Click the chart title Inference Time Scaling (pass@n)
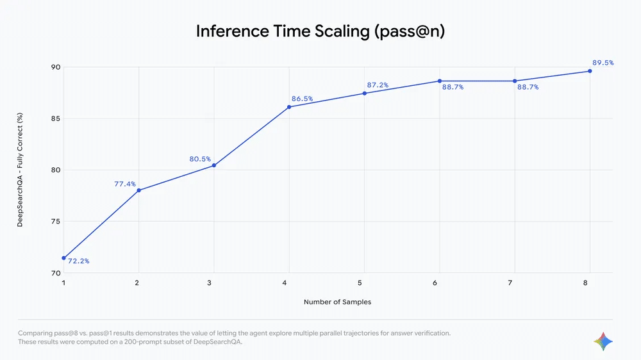pyautogui.click(x=320, y=31)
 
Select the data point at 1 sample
pyautogui.click(x=63, y=258)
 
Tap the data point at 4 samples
pyautogui.click(x=289, y=107)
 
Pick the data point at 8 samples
pyautogui.click(x=590, y=71)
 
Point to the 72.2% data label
pyautogui.click(x=78, y=261)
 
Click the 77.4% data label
pyautogui.click(x=125, y=184)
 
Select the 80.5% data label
pyautogui.click(x=200, y=159)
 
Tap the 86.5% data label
pyautogui.click(x=302, y=99)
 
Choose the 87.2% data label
pyautogui.click(x=378, y=85)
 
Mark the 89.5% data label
pyautogui.click(x=603, y=63)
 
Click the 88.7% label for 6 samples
pyautogui.click(x=453, y=87)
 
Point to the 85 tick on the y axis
pyautogui.click(x=56, y=119)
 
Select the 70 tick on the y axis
pyautogui.click(x=56, y=273)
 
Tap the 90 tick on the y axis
pyautogui.click(x=56, y=67)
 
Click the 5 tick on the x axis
pyautogui.click(x=360, y=282)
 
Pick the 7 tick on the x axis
pyautogui.click(x=510, y=282)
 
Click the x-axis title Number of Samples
pyautogui.click(x=337, y=302)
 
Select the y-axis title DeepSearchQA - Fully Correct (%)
pyautogui.click(x=20, y=170)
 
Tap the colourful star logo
pyautogui.click(x=603, y=341)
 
